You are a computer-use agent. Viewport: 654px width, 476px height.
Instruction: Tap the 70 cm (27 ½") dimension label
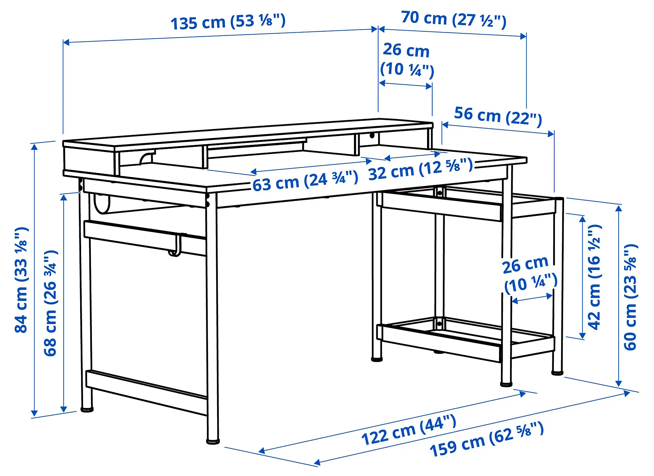click(454, 19)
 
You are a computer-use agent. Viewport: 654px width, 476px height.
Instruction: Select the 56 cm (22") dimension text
click(498, 116)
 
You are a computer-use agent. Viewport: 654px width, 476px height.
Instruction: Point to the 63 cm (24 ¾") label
click(305, 181)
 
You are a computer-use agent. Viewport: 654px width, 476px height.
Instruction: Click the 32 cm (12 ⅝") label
click(421, 169)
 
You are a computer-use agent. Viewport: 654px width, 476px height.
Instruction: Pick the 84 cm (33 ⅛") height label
click(22, 280)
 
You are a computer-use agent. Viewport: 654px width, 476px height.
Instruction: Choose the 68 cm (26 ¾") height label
click(51, 303)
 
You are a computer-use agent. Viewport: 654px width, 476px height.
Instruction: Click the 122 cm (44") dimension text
click(408, 430)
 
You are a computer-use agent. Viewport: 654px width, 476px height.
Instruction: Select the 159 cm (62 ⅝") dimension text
click(486, 439)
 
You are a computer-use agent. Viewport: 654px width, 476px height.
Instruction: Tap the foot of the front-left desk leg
click(213, 441)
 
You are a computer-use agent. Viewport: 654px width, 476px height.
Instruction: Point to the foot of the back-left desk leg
click(87, 409)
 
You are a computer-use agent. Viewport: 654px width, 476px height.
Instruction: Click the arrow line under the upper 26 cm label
click(405, 85)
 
